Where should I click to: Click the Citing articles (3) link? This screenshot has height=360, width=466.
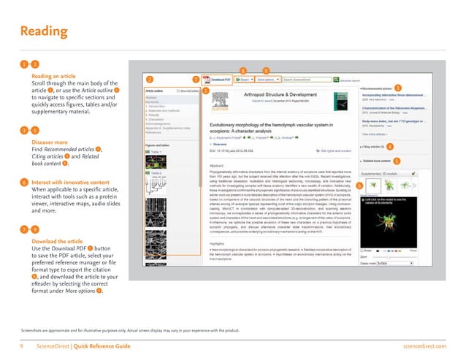point(379,147)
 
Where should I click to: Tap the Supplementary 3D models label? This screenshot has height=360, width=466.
point(382,173)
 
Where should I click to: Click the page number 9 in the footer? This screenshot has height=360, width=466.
point(23,345)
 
